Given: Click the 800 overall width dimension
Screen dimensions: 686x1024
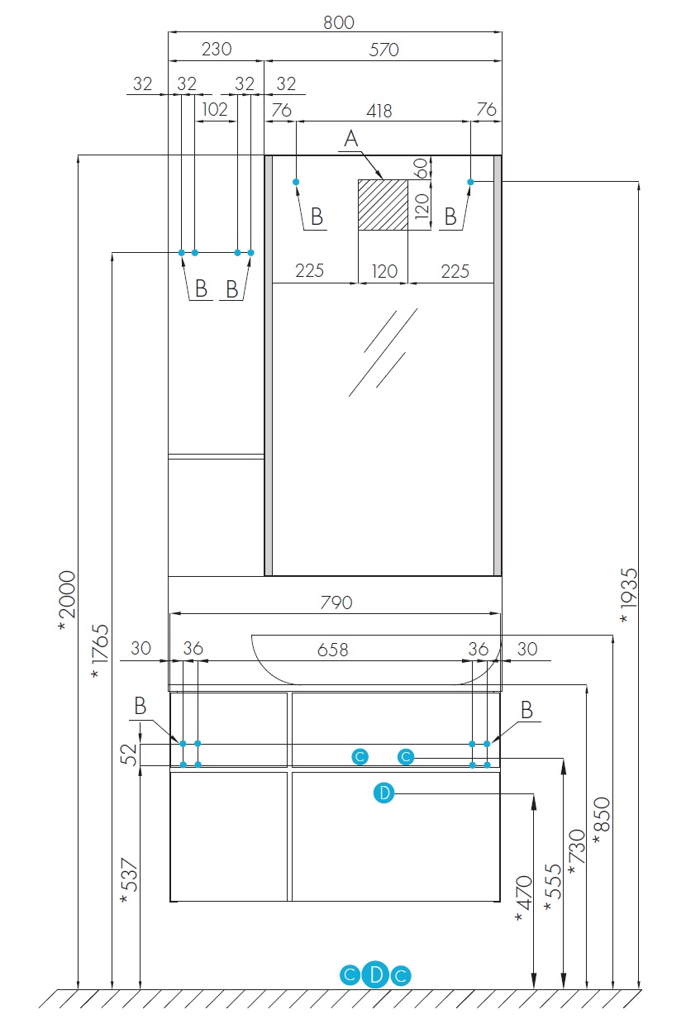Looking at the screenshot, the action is [339, 22].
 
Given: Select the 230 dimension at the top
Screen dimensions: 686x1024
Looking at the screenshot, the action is [217, 49].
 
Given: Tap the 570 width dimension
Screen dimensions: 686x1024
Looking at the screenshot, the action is [383, 50].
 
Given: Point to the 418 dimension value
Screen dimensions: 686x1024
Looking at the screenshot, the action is [379, 111].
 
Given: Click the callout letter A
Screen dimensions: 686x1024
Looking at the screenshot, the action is [351, 138].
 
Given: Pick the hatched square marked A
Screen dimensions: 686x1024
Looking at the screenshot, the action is [383, 205].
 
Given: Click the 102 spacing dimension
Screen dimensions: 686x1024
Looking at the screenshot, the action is [215, 109].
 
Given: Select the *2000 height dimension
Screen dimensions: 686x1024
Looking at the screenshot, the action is [67, 600].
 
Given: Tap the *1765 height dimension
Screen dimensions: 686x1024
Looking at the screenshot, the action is [100, 650].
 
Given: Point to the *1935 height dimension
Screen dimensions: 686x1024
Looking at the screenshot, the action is [628, 594].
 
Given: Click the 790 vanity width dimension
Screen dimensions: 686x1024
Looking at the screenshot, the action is [336, 602].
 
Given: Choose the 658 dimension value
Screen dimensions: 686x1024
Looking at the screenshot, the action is [333, 649].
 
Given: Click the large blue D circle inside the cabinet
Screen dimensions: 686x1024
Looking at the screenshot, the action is [383, 793].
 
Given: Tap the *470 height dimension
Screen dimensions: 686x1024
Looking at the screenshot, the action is [524, 898].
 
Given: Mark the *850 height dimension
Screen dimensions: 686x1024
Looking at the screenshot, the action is [602, 820].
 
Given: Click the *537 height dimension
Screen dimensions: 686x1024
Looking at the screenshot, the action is [129, 880].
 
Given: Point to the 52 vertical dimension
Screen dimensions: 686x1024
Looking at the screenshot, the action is [129, 755].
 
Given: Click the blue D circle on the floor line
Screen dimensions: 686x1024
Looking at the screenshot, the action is [375, 974].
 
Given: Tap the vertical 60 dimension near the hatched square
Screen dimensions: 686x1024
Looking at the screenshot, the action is [422, 169].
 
